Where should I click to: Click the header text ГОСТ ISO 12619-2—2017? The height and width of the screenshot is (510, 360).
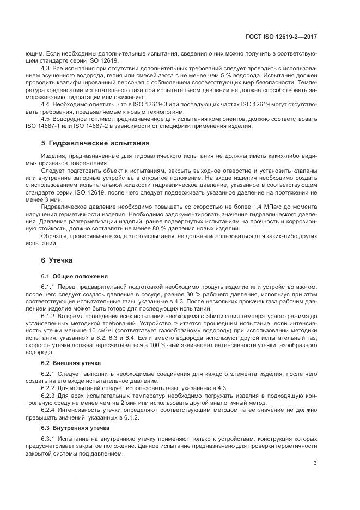pyautogui.click(x=287, y=37)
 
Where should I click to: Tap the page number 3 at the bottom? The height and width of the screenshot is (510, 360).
pyautogui.click(x=315, y=463)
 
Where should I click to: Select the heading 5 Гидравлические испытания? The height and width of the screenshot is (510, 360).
pyautogui.click(x=92, y=143)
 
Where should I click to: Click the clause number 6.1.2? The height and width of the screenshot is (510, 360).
pyautogui.click(x=50, y=315)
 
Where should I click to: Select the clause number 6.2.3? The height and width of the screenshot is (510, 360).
pyautogui.click(x=50, y=395)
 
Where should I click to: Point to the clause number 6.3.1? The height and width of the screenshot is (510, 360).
pyautogui.click(x=50, y=439)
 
